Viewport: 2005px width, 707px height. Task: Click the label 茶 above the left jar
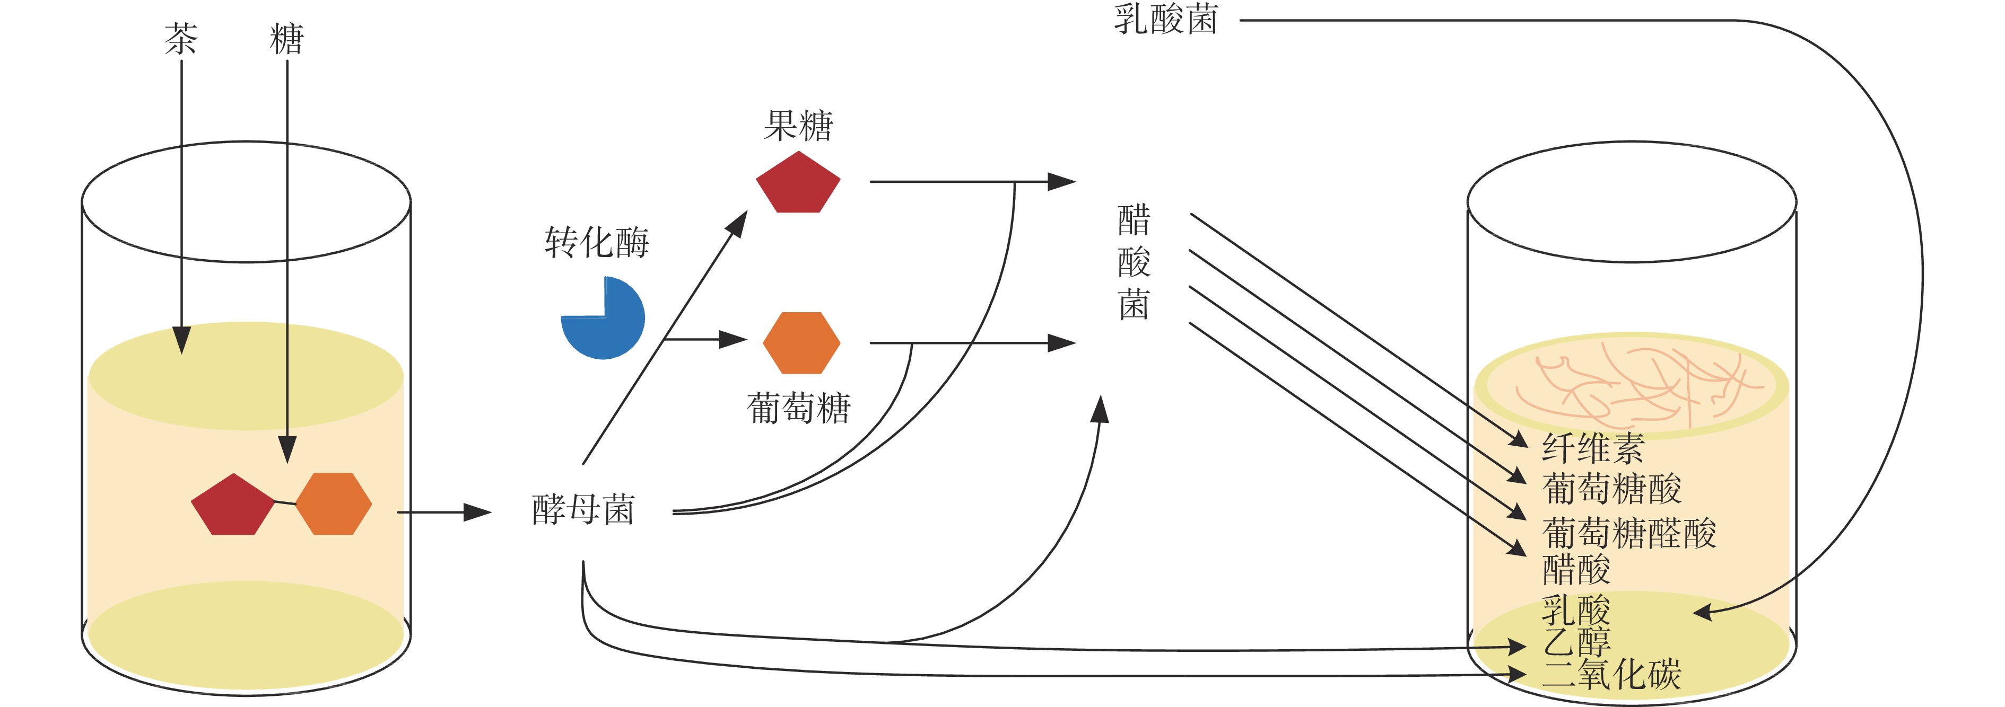pyautogui.click(x=180, y=39)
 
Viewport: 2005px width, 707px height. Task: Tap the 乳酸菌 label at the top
pyautogui.click(x=1165, y=20)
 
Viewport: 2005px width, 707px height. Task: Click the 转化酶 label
pyautogui.click(x=596, y=243)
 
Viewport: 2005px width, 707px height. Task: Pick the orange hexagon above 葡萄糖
pyautogui.click(x=801, y=343)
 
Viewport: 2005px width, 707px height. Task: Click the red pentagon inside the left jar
pyautogui.click(x=232, y=506)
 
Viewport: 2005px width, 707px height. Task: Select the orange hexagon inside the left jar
pyautogui.click(x=333, y=504)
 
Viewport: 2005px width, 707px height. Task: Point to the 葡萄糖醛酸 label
pyautogui.click(x=1628, y=534)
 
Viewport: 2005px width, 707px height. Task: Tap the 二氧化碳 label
pyautogui.click(x=1611, y=674)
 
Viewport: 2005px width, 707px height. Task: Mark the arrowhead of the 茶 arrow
pyautogui.click(x=181, y=341)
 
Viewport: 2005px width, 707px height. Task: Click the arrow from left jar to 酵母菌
pyautogui.click(x=443, y=512)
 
